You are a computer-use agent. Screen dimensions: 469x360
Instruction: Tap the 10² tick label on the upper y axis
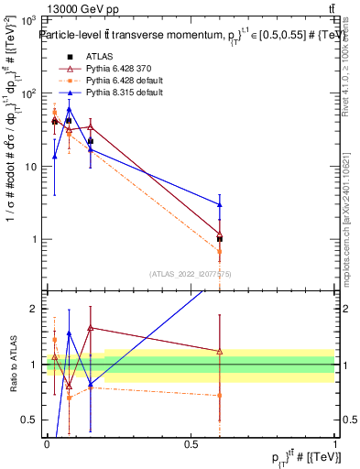coord(28,93)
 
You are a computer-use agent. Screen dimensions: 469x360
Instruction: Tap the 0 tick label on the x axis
coord(47,443)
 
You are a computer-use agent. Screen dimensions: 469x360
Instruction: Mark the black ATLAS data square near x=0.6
coord(220,238)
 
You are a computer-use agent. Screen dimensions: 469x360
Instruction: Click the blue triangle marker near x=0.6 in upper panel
coord(220,204)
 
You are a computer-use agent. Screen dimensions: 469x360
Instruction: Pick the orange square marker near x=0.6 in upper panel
coord(220,250)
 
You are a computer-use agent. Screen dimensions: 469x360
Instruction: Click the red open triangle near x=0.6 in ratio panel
coord(220,351)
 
